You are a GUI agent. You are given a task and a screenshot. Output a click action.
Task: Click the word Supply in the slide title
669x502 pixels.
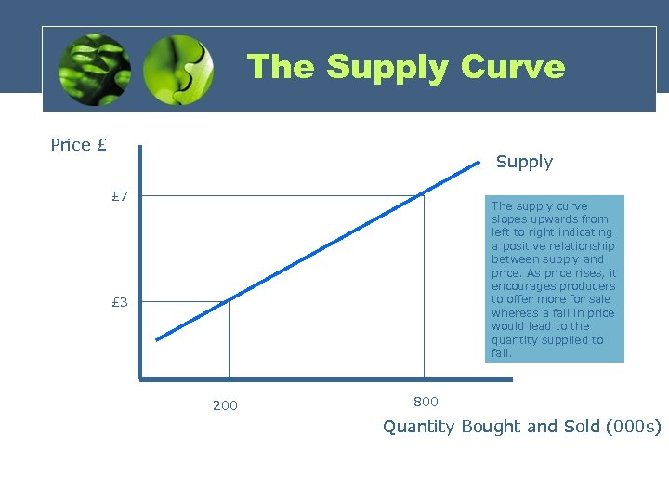[x=383, y=67]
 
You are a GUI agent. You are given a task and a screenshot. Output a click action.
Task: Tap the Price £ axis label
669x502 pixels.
[x=78, y=144]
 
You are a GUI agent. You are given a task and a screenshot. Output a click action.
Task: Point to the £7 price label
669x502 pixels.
[x=120, y=196]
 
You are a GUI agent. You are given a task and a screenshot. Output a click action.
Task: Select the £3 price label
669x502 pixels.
[x=120, y=302]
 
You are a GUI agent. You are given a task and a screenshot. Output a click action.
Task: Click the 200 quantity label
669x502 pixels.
[x=225, y=405]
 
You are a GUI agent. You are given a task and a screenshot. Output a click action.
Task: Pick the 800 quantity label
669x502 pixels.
[x=426, y=402]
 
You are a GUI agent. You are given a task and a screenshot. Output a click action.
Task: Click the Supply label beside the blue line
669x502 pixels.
[x=524, y=162]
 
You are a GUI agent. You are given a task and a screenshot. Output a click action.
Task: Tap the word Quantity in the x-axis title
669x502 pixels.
[x=419, y=427]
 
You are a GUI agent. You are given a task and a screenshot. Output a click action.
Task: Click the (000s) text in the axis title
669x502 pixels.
[x=634, y=427]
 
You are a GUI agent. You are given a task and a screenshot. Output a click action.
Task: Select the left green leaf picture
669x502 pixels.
[x=93, y=70]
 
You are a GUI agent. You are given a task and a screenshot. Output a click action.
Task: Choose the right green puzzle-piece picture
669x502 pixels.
[x=179, y=70]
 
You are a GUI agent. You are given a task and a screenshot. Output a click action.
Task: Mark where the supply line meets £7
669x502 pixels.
[x=424, y=195]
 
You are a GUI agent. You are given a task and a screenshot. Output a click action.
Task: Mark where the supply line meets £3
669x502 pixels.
[x=229, y=300]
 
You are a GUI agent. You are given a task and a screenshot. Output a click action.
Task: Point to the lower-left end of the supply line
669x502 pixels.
[x=157, y=339]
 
